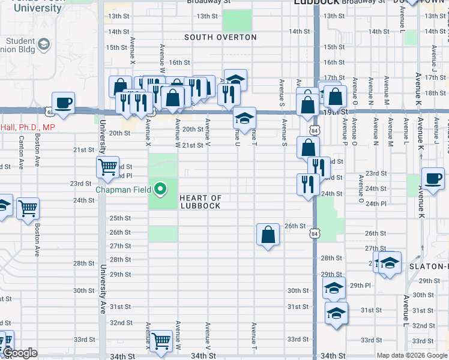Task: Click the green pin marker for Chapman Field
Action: [160, 190]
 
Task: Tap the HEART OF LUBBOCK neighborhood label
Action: [200, 202]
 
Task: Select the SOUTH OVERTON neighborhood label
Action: [220, 37]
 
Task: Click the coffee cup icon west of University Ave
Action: [63, 102]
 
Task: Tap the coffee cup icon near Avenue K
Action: [433, 178]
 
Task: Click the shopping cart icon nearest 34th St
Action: [161, 341]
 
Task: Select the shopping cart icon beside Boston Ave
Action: [28, 208]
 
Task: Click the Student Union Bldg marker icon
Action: [44, 44]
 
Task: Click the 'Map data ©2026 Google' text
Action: [412, 355]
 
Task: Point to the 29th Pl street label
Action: [361, 286]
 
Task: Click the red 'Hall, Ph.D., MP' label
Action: [27, 127]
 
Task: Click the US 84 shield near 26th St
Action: [315, 232]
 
